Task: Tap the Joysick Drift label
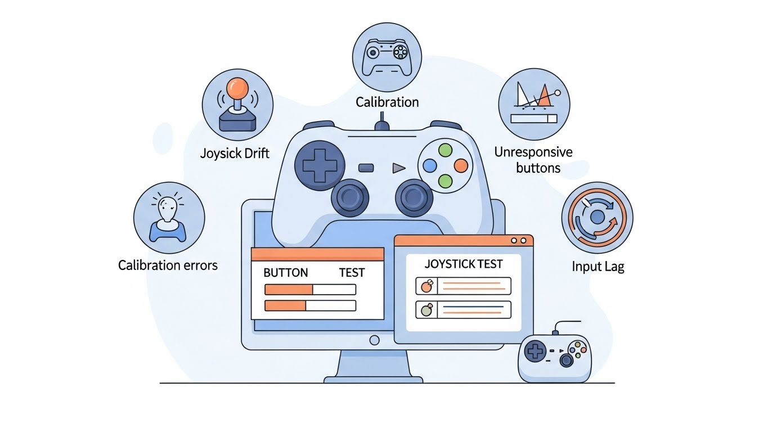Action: pyautogui.click(x=235, y=152)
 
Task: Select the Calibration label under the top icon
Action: pyautogui.click(x=387, y=102)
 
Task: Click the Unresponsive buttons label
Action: pyautogui.click(x=533, y=159)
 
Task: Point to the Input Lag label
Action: pyautogui.click(x=598, y=266)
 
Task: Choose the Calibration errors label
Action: pyautogui.click(x=168, y=265)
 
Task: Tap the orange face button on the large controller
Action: pyautogui.click(x=460, y=165)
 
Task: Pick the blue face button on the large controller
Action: pyautogui.click(x=429, y=165)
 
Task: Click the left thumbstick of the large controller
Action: pyautogui.click(x=350, y=197)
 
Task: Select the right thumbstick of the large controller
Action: pyautogui.click(x=414, y=197)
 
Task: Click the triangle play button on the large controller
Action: pyautogui.click(x=398, y=168)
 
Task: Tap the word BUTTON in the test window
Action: pyautogui.click(x=285, y=273)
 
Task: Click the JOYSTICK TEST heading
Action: pyautogui.click(x=464, y=263)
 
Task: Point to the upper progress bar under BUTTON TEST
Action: pyautogui.click(x=310, y=290)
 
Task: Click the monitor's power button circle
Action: pyautogui.click(x=374, y=340)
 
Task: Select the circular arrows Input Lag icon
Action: pyautogui.click(x=597, y=217)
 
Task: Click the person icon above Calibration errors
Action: pyautogui.click(x=168, y=217)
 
